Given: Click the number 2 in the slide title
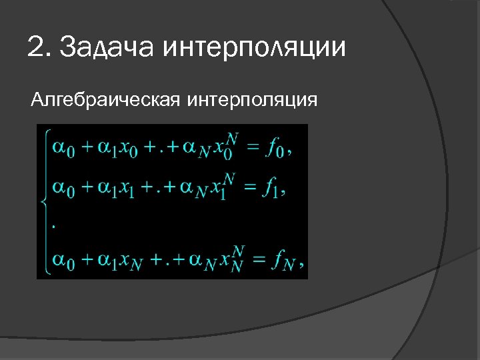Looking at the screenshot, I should pos(35,47).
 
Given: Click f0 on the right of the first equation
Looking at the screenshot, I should pos(275,149).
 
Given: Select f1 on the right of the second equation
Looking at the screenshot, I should pos(273,189).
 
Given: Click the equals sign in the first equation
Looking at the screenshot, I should pos(251,148).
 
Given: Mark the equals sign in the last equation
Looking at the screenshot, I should pos(256,259).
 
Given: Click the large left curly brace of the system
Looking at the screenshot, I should pos(45,200).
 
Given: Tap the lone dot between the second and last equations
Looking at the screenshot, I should pos(53,225).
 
